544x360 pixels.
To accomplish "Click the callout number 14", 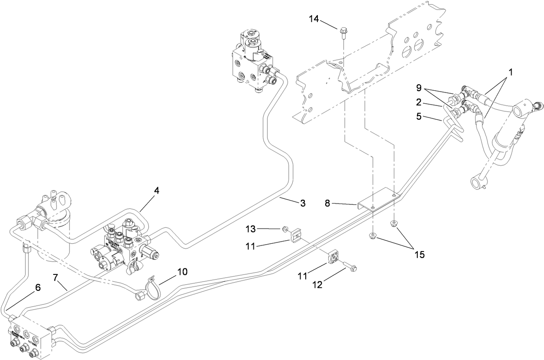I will pyautogui.click(x=316, y=19).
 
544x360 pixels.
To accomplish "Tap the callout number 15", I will pyautogui.click(x=419, y=255).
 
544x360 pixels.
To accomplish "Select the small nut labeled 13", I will pyautogui.click(x=285, y=228).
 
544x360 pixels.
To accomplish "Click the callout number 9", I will pyautogui.click(x=418, y=87).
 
